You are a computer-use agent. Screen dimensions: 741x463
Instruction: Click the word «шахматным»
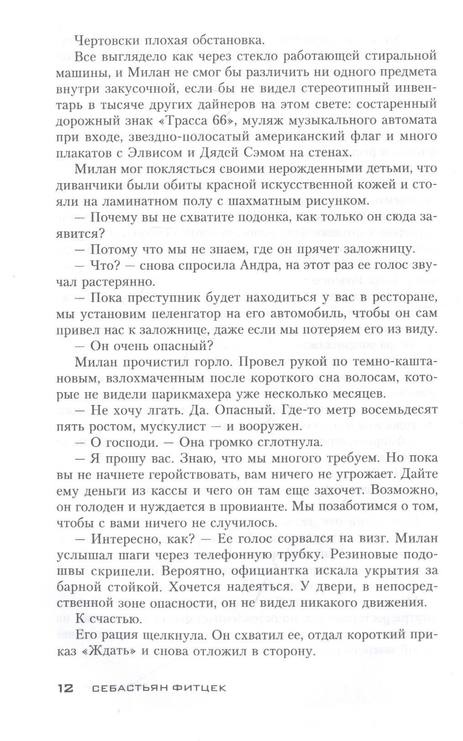276,201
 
